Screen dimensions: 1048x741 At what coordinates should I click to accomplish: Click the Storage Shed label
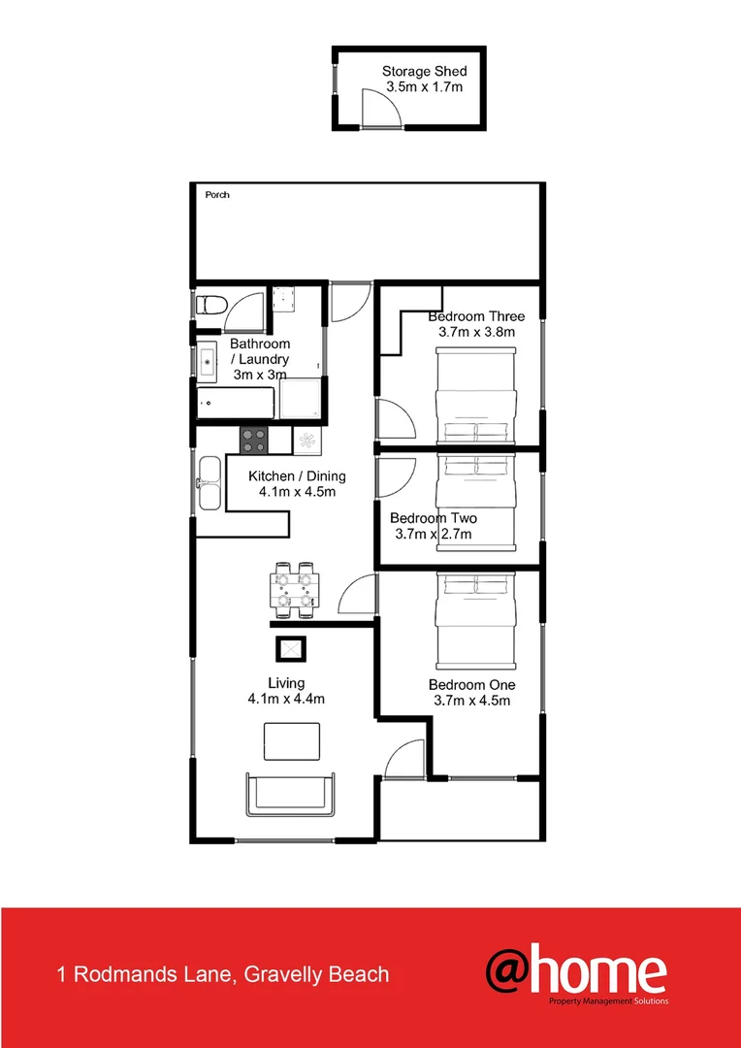pyautogui.click(x=424, y=71)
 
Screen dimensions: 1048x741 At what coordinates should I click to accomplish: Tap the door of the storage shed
pyautogui.click(x=380, y=108)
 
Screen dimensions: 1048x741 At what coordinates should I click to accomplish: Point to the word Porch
pyautogui.click(x=217, y=195)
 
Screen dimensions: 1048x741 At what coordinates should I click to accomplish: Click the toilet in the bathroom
pyautogui.click(x=209, y=307)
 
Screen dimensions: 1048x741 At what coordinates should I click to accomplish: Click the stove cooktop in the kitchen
pyautogui.click(x=255, y=441)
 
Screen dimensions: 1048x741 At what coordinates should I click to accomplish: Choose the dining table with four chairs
pyautogui.click(x=294, y=590)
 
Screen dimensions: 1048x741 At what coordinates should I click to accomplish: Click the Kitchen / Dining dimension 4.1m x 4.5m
pyautogui.click(x=297, y=492)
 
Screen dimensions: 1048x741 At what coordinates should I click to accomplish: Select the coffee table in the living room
pyautogui.click(x=292, y=742)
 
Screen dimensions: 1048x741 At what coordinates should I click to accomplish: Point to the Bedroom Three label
pyautogui.click(x=476, y=316)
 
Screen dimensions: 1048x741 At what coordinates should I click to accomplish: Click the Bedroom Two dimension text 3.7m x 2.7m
pyautogui.click(x=433, y=534)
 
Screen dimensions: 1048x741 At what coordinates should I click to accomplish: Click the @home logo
pyautogui.click(x=576, y=973)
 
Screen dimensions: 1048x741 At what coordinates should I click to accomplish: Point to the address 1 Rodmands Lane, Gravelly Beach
pyautogui.click(x=223, y=974)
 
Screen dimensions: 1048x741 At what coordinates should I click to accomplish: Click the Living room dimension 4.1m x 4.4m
pyautogui.click(x=285, y=699)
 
